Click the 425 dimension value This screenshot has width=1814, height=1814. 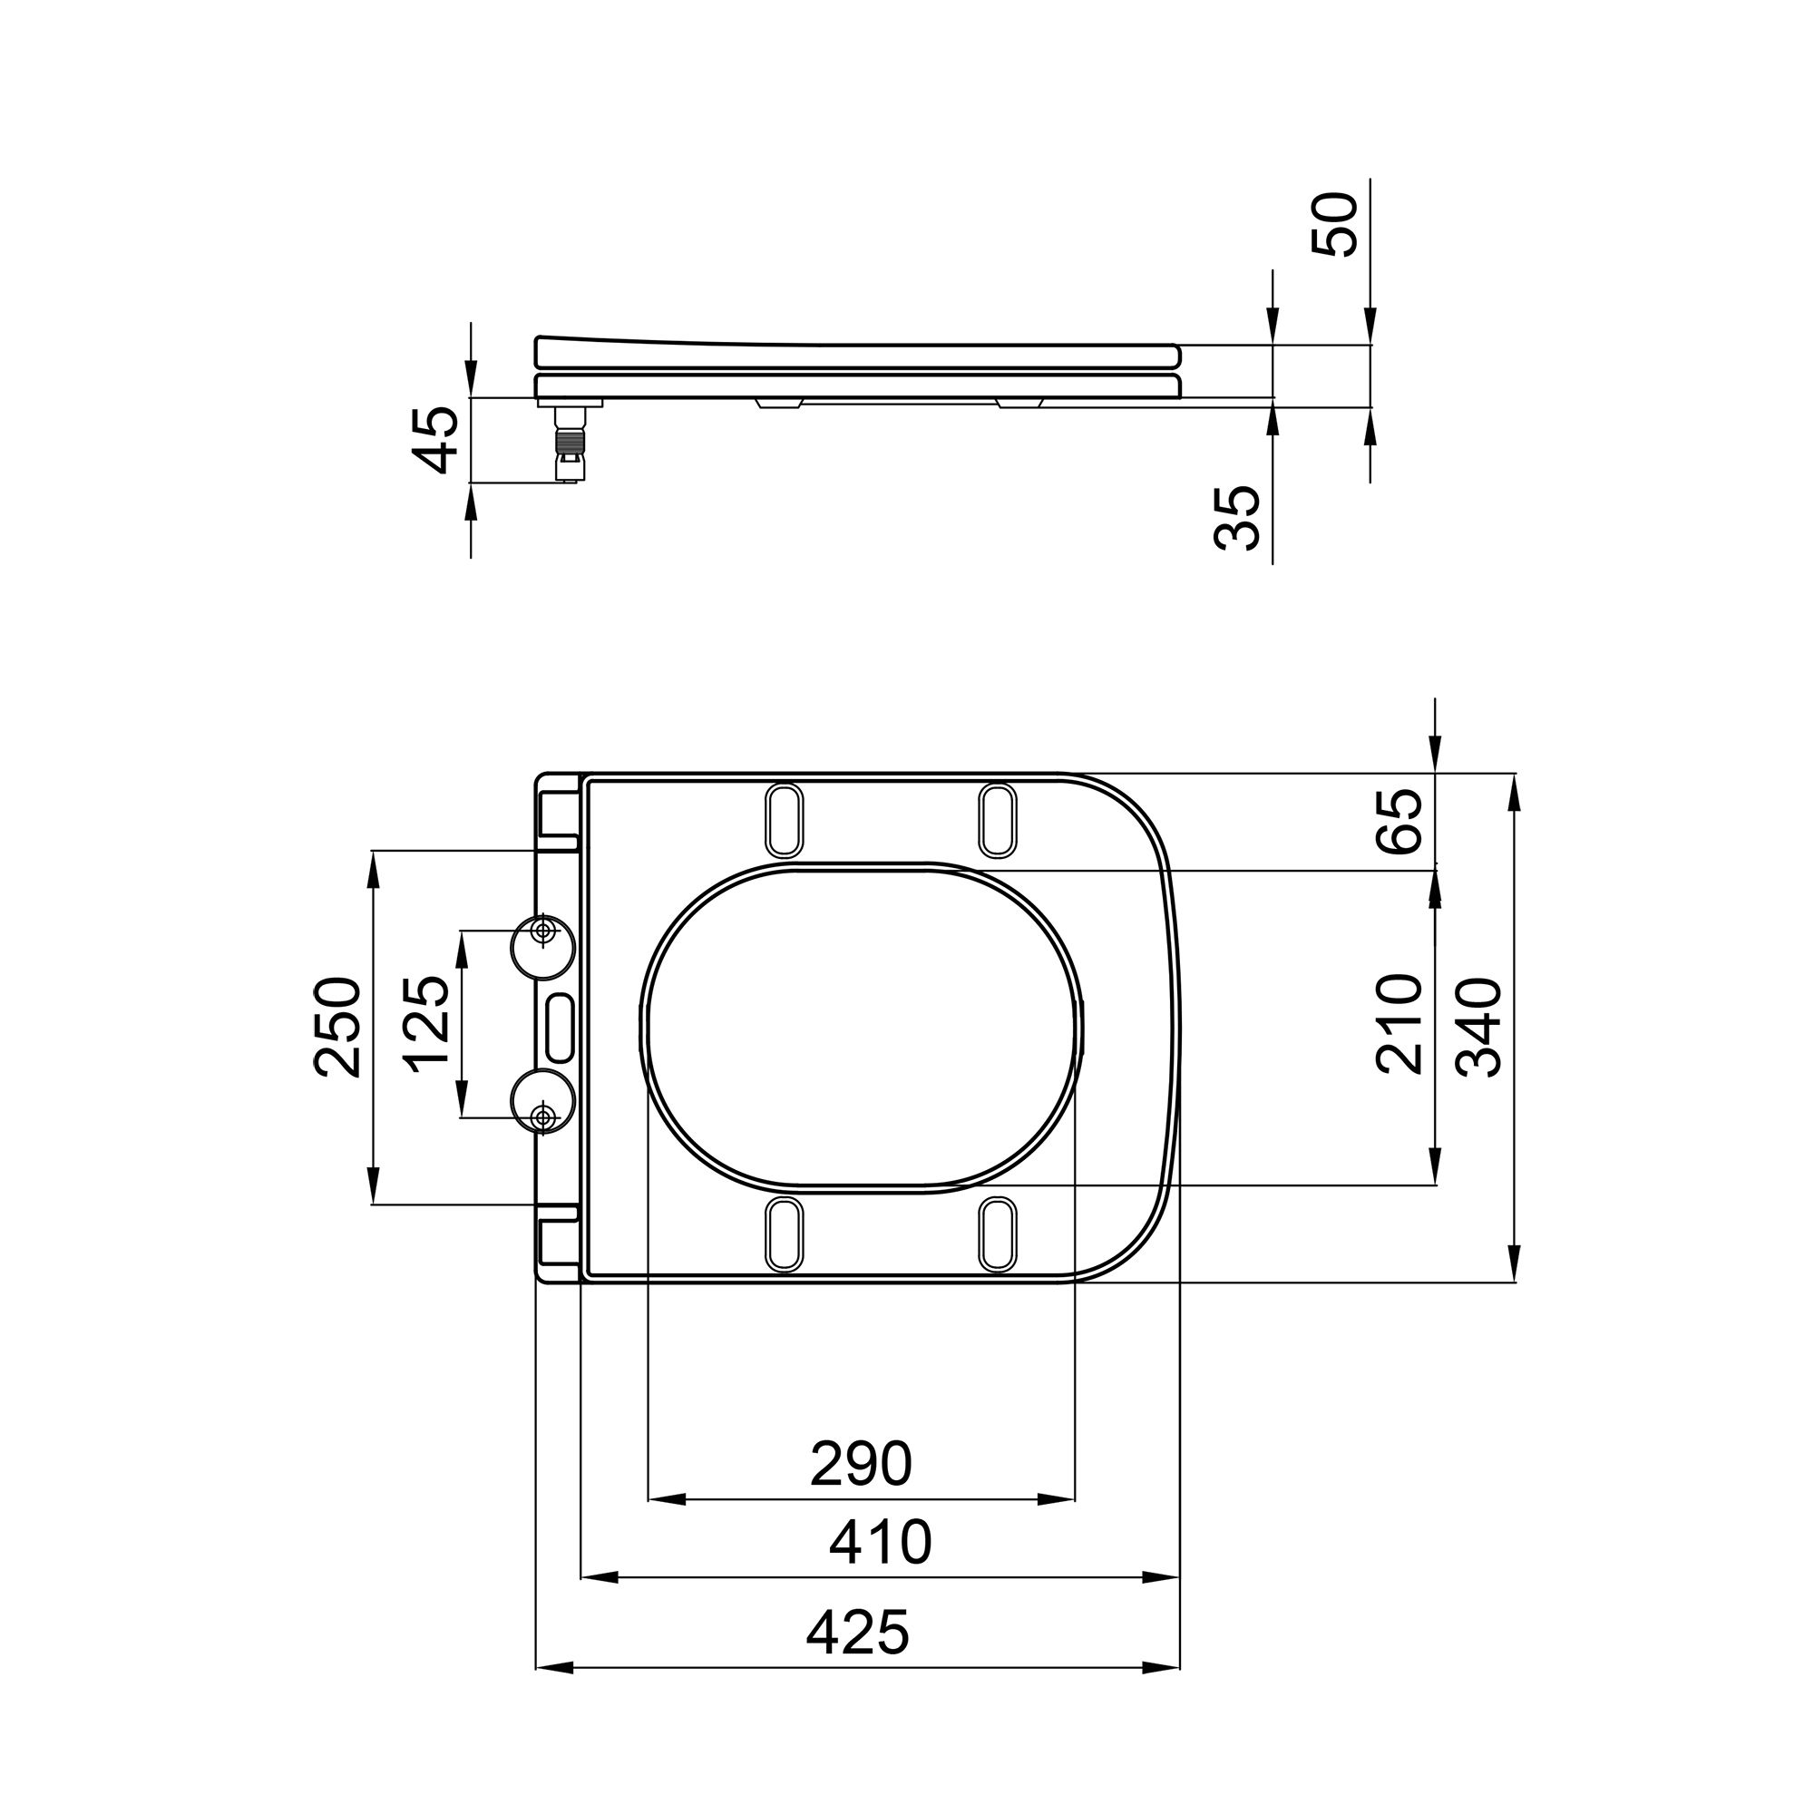pos(858,1632)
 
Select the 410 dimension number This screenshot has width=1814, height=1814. pos(880,1542)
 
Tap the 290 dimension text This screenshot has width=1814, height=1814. pos(861,1464)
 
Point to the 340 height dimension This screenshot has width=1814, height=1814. pos(1479,1028)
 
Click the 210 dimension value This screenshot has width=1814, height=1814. pos(1399,1024)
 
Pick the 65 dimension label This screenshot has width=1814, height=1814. pos(1400,822)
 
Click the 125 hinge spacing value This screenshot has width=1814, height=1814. pos(427,1024)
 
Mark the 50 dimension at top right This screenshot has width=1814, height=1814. pos(1334,224)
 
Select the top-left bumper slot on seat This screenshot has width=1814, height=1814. pos(785,820)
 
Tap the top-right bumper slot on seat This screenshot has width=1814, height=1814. pos(997,820)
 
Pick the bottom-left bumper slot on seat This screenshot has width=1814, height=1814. pos(785,1234)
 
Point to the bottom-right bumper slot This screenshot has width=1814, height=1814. pos(997,1234)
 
